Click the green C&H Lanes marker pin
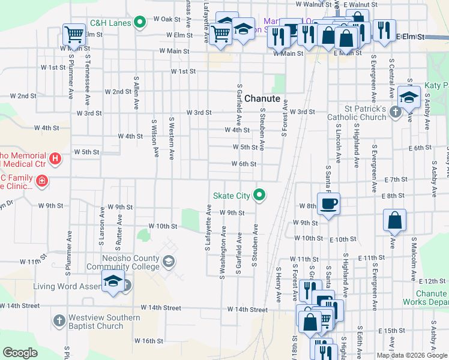(x=140, y=23)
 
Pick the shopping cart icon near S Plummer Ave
(x=74, y=34)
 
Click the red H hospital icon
(x=55, y=159)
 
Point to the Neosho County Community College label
(x=122, y=263)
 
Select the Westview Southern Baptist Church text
(x=104, y=322)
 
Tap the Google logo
(x=20, y=353)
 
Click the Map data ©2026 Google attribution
(x=411, y=355)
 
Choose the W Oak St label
(x=166, y=19)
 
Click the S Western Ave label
(x=171, y=138)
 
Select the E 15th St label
(x=393, y=331)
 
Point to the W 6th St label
(x=244, y=164)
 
